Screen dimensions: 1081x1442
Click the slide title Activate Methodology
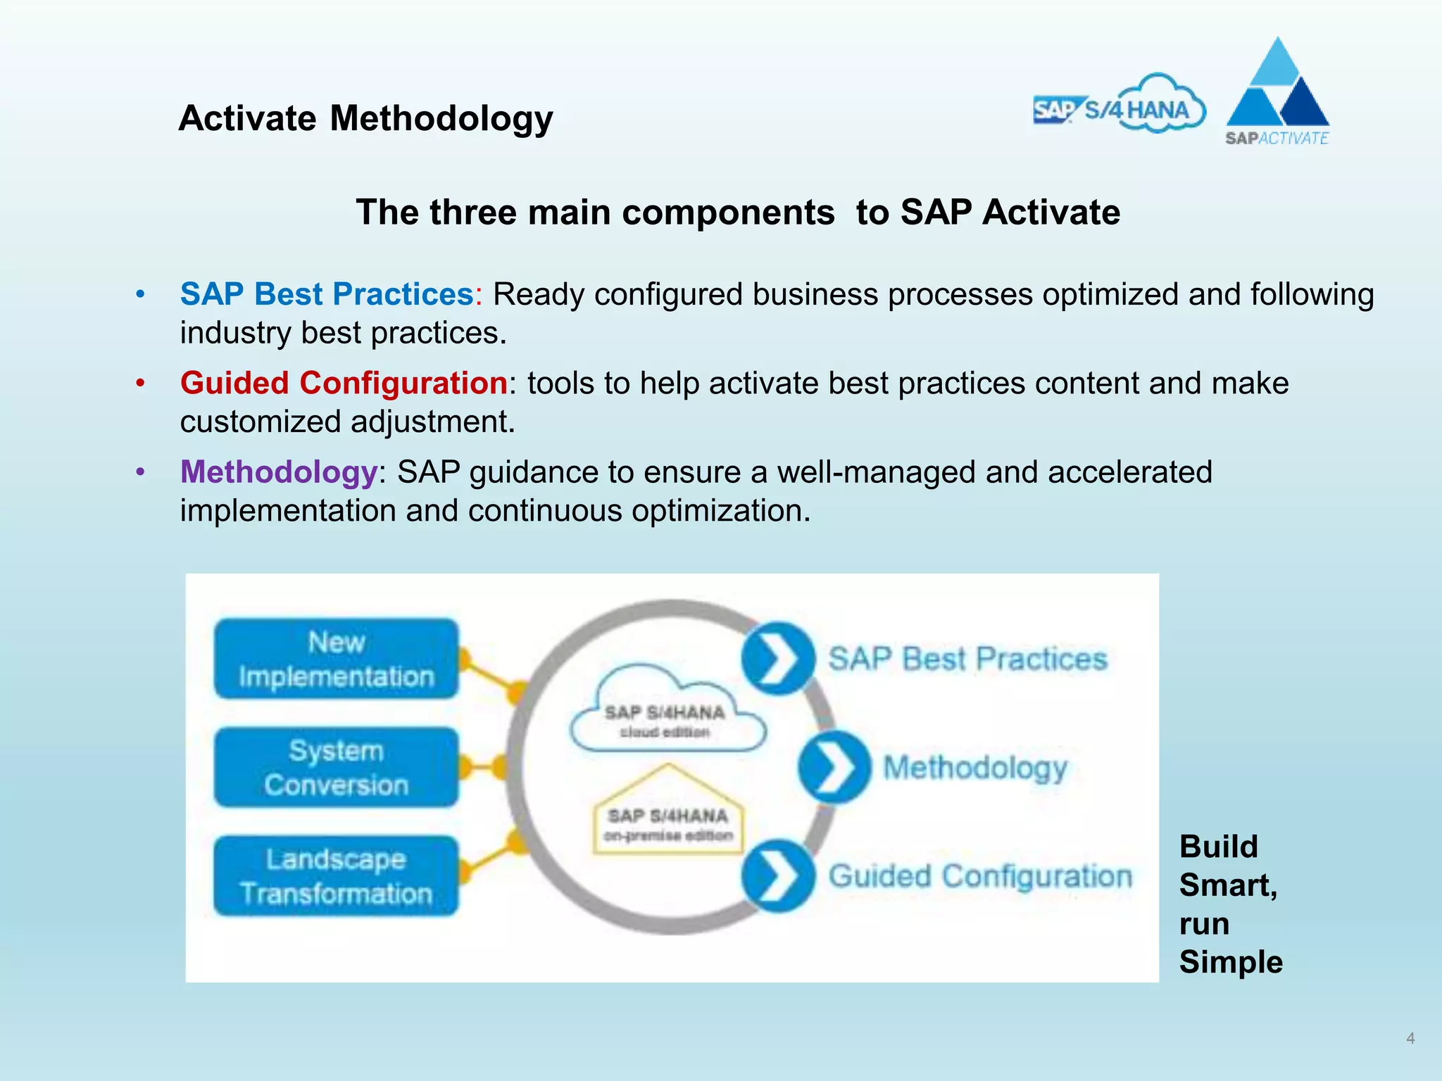click(365, 118)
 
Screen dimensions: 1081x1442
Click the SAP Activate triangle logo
click(1277, 91)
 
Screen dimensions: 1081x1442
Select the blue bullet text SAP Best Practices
click(327, 294)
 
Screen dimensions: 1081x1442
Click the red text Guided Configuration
click(344, 384)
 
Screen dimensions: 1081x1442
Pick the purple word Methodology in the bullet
click(279, 472)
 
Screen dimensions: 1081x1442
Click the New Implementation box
click(337, 659)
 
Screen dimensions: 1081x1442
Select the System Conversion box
click(337, 767)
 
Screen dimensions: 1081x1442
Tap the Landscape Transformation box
click(337, 876)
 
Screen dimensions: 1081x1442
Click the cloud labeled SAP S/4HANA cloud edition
click(666, 714)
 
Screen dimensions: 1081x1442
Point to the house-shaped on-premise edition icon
click(668, 816)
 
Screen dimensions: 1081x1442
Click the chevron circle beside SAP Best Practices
click(777, 659)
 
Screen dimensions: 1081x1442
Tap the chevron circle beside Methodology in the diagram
click(834, 767)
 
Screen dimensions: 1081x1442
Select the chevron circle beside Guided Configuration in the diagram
click(777, 876)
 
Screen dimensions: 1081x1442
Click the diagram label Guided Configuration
click(980, 877)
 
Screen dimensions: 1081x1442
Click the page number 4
click(1410, 1038)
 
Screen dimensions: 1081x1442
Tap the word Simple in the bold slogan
click(1231, 962)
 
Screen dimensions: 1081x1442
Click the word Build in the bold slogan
click(1218, 847)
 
